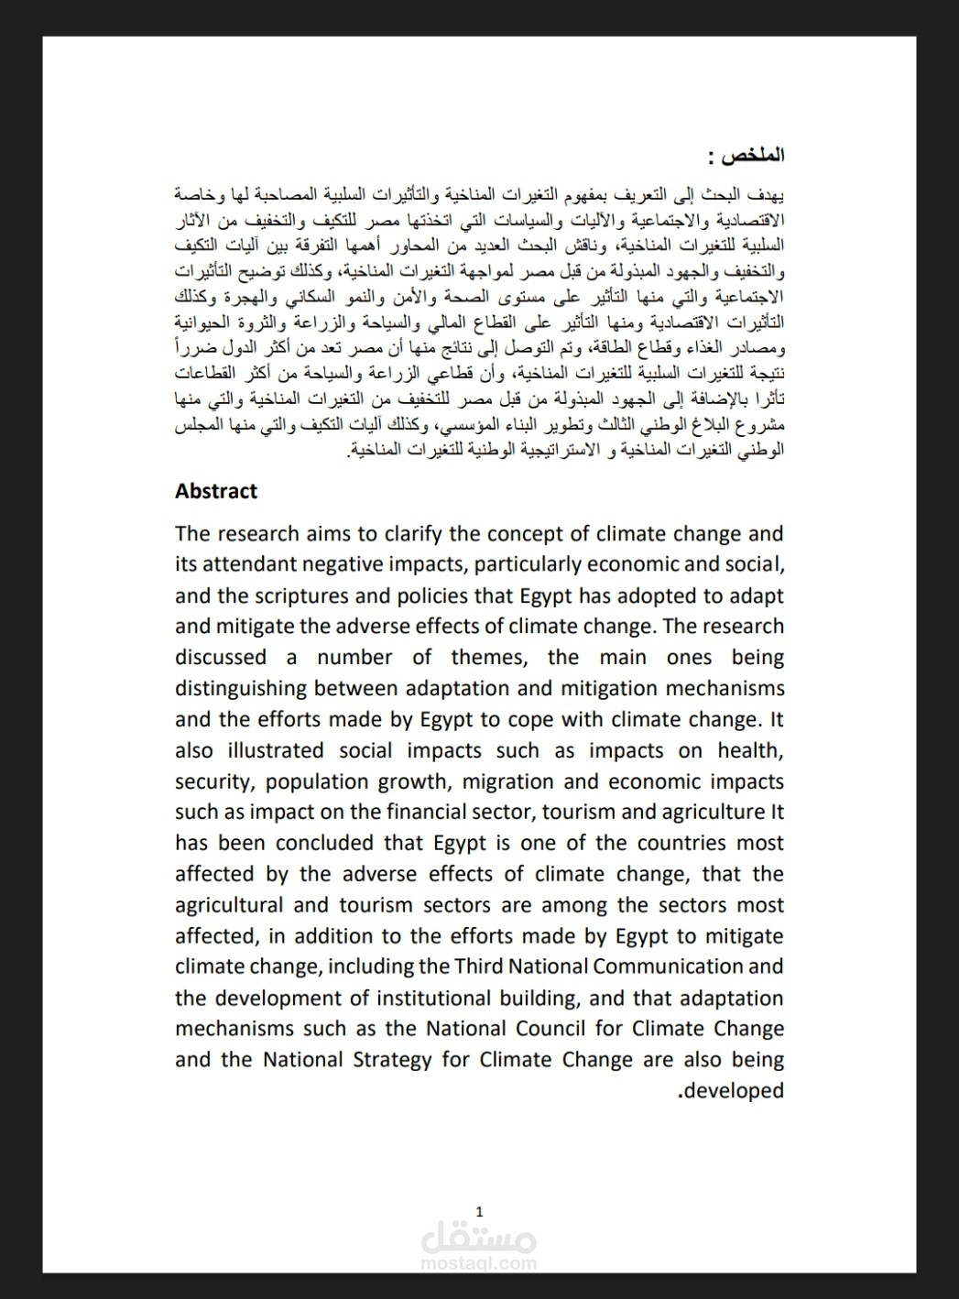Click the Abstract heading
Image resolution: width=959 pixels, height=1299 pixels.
(x=216, y=491)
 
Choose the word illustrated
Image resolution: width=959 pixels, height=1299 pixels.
(x=267, y=750)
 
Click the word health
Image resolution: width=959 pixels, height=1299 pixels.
(x=750, y=750)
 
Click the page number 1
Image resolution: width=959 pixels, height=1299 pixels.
(x=479, y=1210)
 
